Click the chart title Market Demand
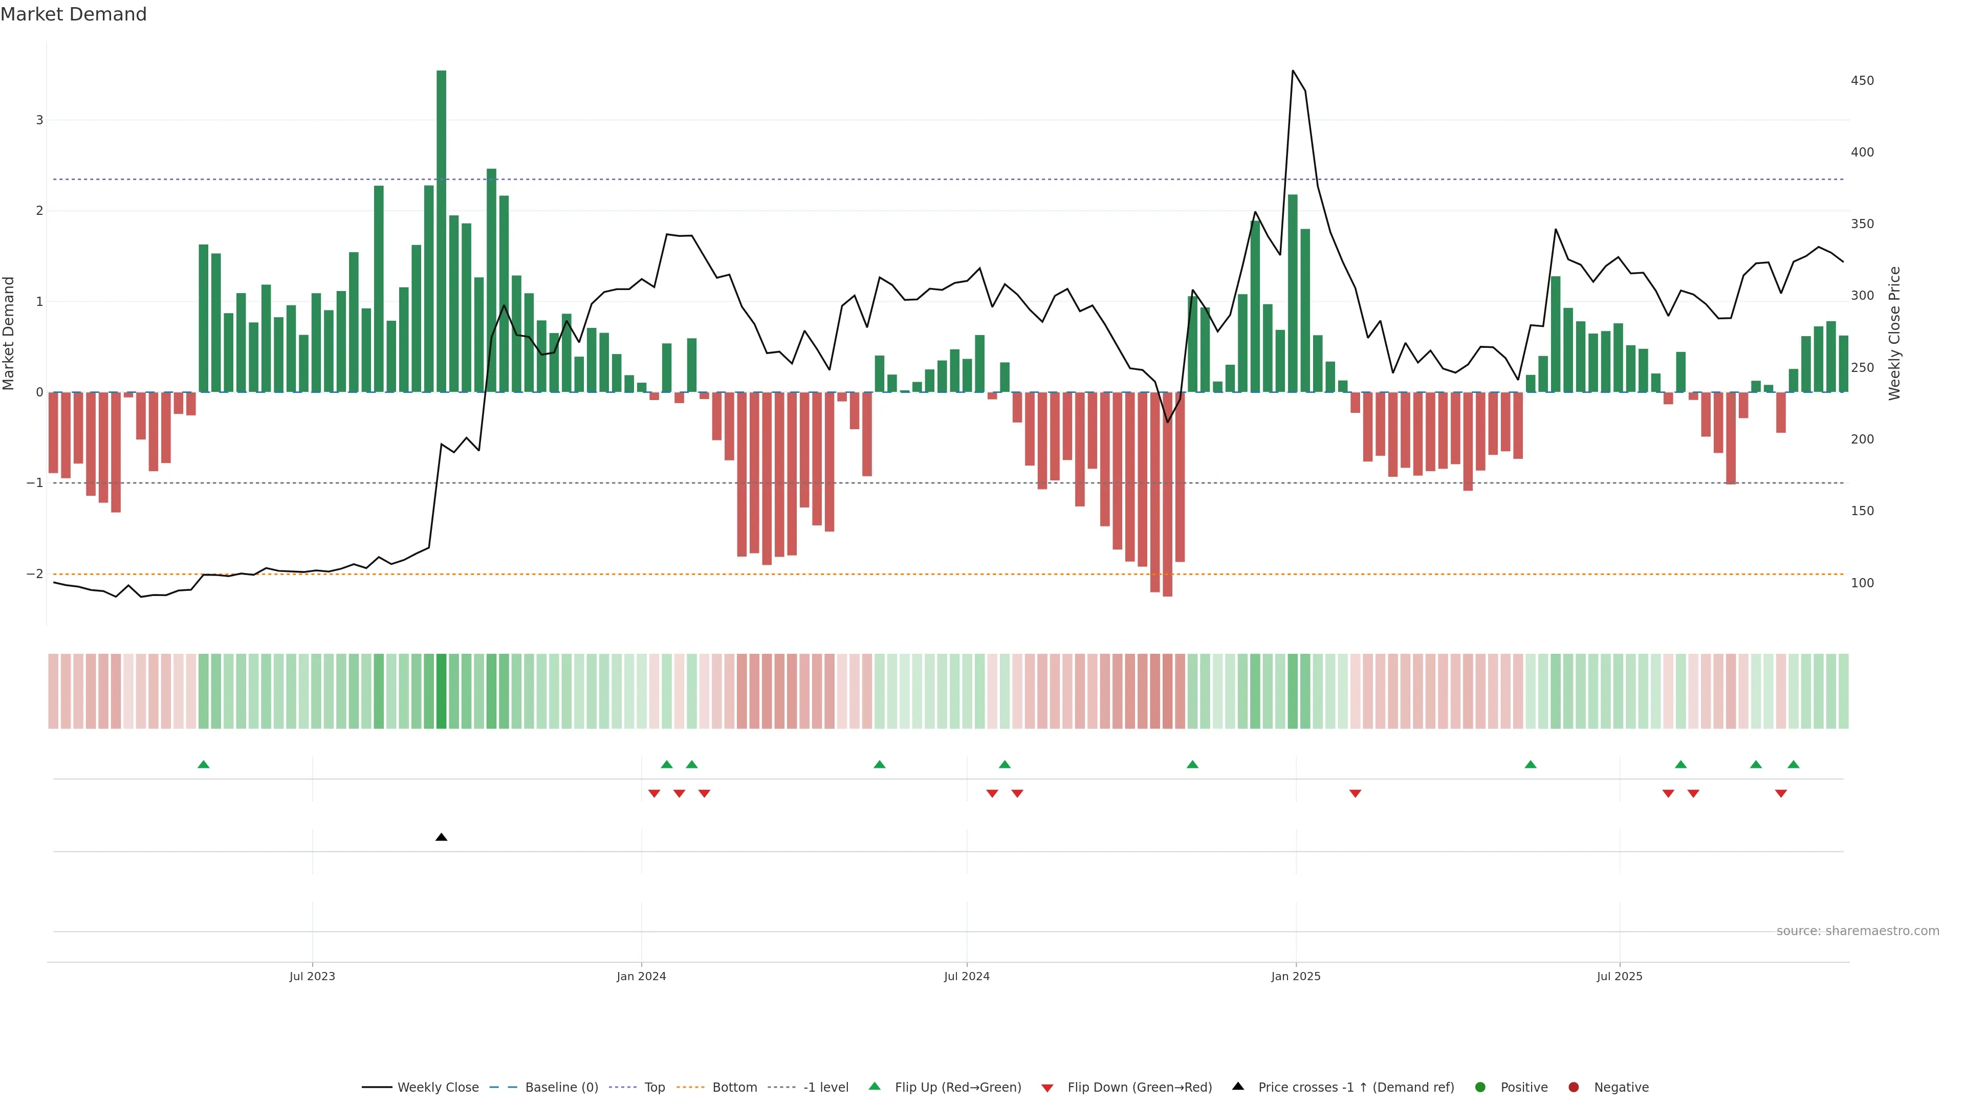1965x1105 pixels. (x=73, y=14)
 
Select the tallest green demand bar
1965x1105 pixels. (x=441, y=229)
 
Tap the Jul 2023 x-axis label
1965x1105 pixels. (x=312, y=976)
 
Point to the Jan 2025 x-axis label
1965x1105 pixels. (x=1295, y=976)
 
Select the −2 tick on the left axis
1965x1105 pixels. (x=34, y=573)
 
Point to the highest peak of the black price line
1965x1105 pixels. (x=1292, y=71)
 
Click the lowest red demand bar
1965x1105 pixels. (x=1167, y=496)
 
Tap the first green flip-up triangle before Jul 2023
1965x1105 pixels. (x=203, y=764)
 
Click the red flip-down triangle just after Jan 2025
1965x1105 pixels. (x=1355, y=794)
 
